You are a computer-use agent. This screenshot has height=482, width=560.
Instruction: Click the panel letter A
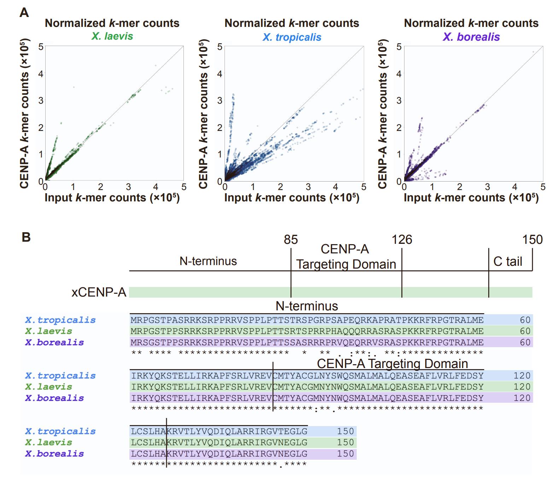tap(24, 13)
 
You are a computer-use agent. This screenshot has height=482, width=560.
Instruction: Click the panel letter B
tap(26, 237)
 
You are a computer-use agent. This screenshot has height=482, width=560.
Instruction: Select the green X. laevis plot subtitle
tap(112, 36)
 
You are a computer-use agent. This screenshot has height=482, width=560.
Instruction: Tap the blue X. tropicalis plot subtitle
tap(292, 37)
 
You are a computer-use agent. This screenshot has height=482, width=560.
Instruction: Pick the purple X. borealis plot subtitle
tap(471, 37)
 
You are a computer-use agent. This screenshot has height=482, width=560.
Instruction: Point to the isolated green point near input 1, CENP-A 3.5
tap(74, 87)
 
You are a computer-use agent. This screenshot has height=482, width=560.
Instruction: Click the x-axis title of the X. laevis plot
tap(112, 198)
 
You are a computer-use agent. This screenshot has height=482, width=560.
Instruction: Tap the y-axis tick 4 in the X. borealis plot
tap(399, 74)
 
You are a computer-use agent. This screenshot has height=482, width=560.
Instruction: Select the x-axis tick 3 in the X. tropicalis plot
tap(308, 187)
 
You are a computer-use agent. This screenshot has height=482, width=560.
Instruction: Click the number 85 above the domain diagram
tap(291, 240)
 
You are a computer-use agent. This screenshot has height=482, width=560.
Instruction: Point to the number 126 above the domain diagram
tap(402, 240)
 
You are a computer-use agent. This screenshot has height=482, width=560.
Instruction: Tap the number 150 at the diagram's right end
tap(532, 240)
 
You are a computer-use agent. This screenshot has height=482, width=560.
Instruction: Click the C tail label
tap(507, 262)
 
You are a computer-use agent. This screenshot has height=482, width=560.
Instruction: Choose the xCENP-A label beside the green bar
tap(99, 292)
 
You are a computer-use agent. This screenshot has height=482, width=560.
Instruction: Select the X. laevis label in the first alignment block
tap(48, 331)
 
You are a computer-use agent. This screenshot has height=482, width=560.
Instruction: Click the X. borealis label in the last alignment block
tap(54, 454)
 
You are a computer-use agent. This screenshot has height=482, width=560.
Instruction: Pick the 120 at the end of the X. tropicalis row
tap(522, 375)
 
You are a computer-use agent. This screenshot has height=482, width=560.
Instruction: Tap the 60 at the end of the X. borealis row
tap(525, 342)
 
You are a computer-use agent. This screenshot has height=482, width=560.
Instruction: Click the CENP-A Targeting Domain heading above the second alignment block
tap(392, 364)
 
